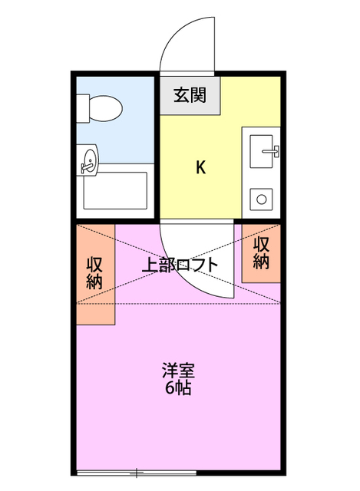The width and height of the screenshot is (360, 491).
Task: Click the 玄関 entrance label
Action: click(x=189, y=95)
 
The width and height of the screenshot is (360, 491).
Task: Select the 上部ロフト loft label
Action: click(x=180, y=265)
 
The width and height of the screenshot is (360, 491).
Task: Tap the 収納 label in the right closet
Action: click(x=261, y=253)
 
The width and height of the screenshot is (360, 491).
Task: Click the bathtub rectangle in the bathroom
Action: click(x=114, y=192)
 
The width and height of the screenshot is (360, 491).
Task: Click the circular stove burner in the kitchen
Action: click(x=262, y=199)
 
